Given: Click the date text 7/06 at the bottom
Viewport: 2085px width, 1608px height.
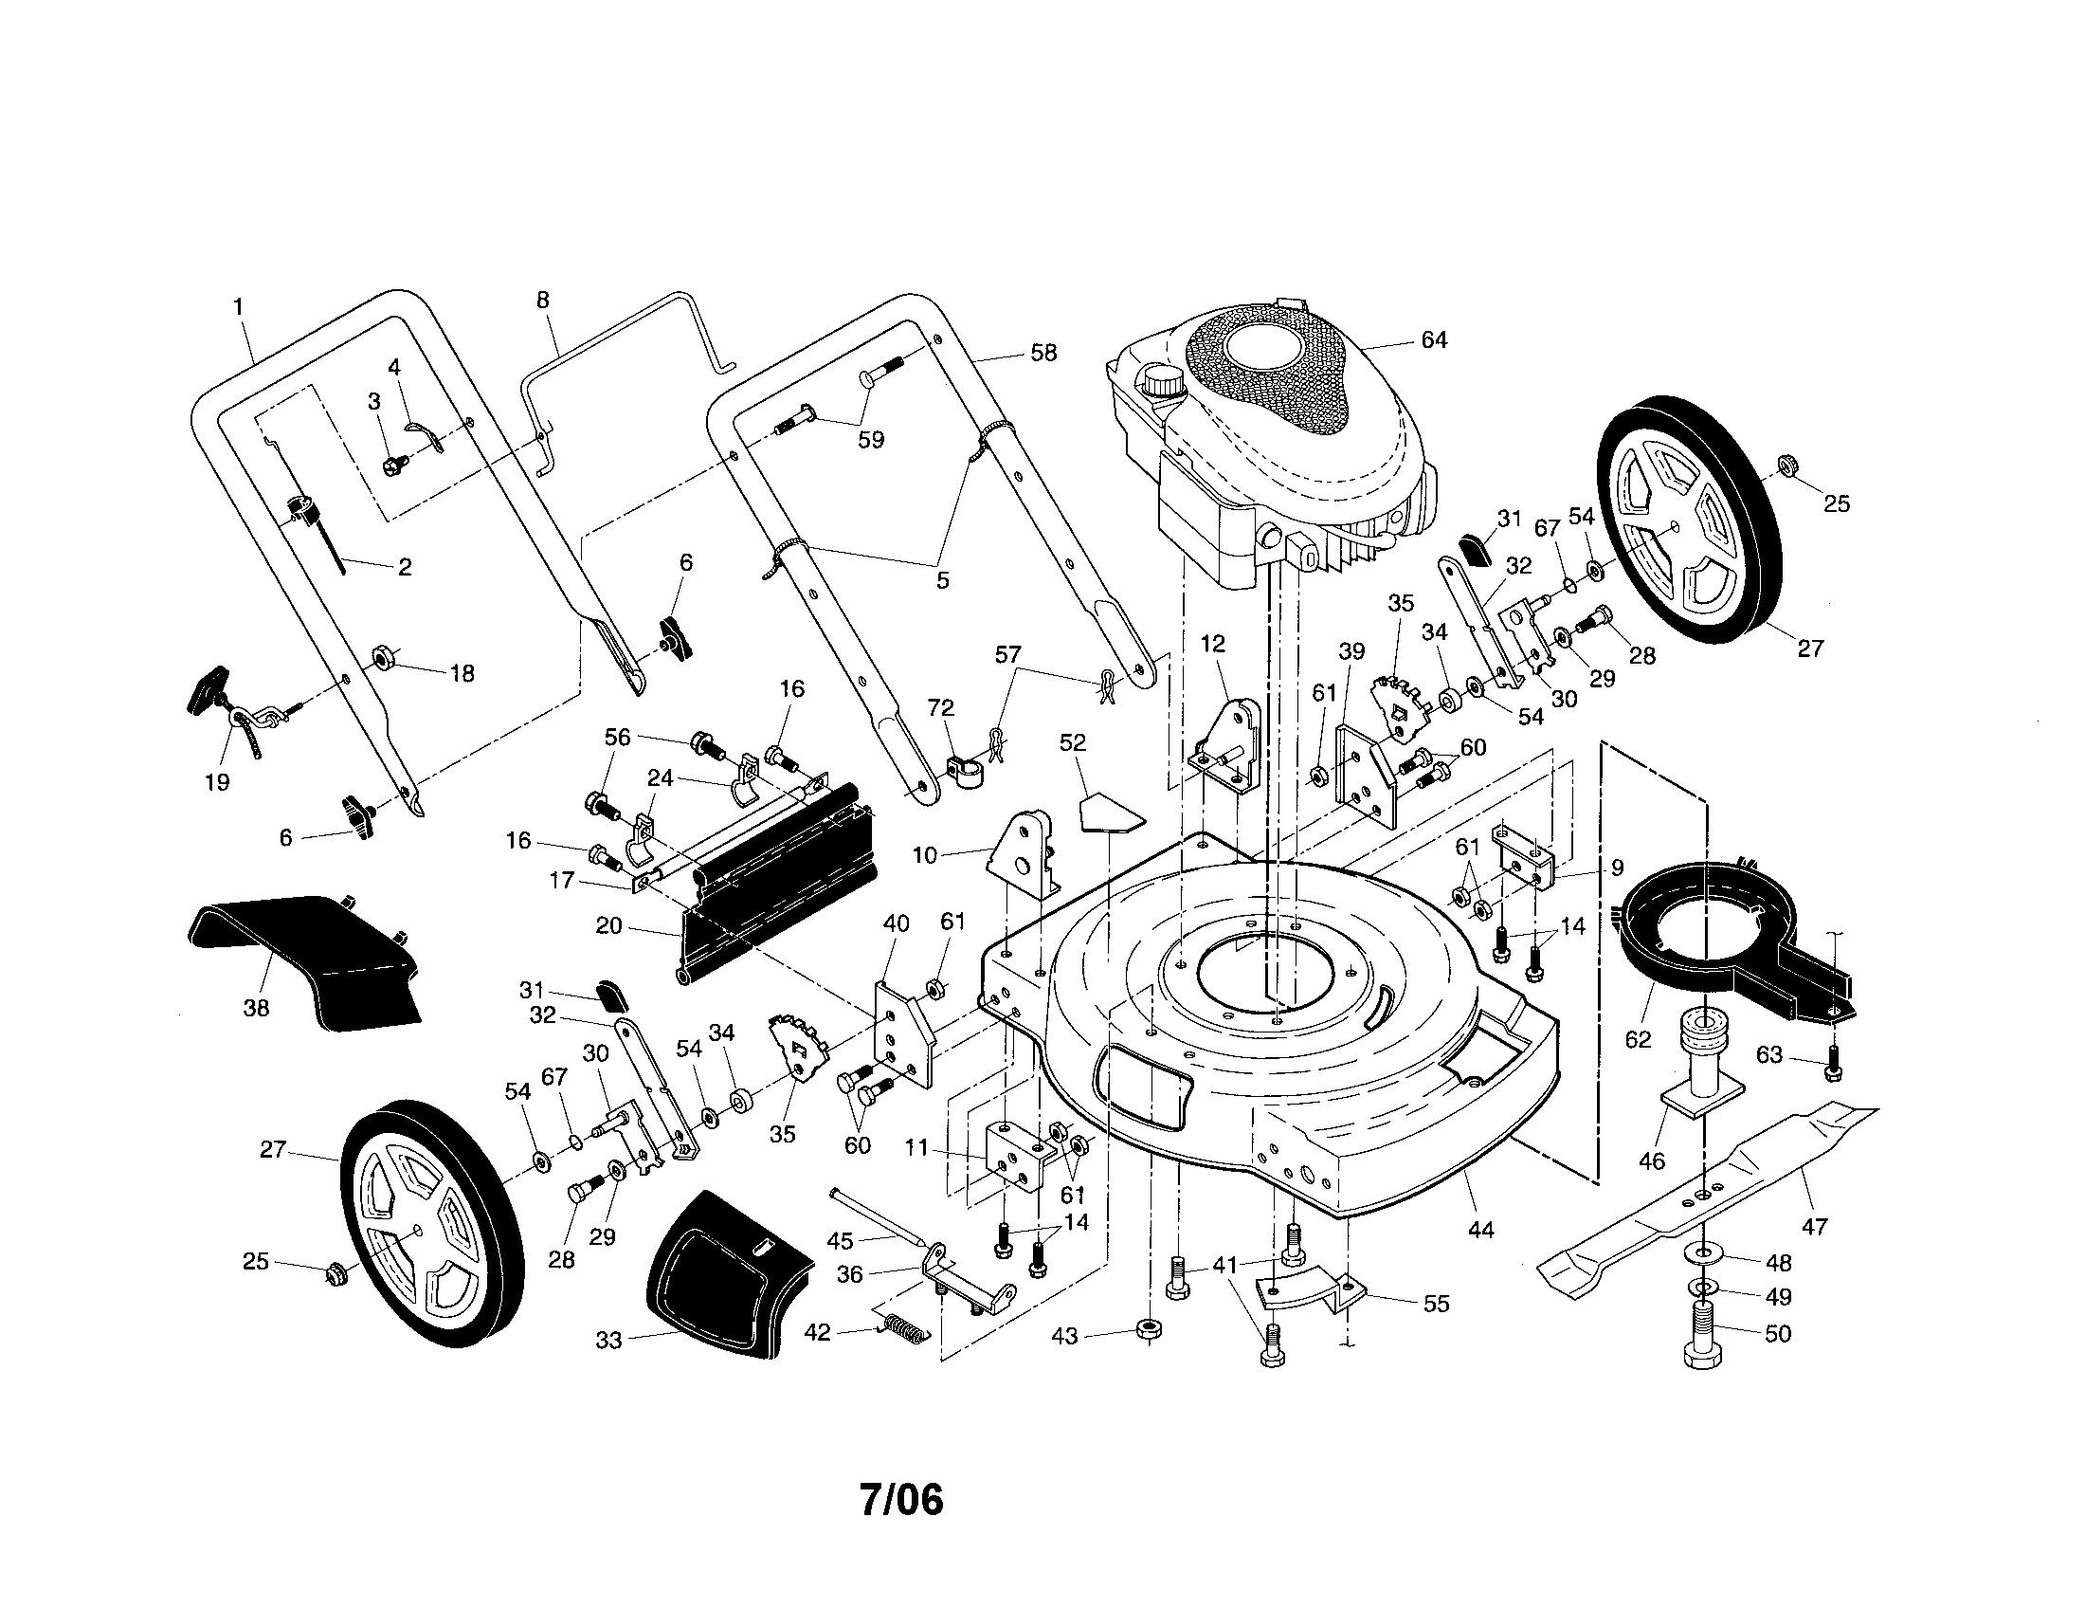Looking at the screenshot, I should pos(901,1500).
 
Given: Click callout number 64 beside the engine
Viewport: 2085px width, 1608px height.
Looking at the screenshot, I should pos(1434,340).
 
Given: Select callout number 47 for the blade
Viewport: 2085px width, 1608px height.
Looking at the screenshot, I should pos(1814,1226).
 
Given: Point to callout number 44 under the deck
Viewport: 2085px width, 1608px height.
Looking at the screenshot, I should pos(1479,1231).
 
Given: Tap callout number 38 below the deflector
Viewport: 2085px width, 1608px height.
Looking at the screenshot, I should pos(256,1008).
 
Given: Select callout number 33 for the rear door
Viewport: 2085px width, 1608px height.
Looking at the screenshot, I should pos(608,1341).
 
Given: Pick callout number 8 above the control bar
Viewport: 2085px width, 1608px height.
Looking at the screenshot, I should pos(542,301).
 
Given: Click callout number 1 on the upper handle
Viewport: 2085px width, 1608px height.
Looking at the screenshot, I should pos(238,306).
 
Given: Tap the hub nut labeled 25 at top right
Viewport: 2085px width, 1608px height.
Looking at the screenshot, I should pos(1783,465).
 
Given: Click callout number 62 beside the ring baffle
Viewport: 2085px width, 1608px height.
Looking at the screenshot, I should pos(1638,1039).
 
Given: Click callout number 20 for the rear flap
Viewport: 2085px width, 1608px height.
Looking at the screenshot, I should pos(608,925).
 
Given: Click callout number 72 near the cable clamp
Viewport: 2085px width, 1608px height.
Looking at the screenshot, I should pos(940,707).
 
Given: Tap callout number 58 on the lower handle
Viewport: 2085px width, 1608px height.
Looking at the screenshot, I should pos(1043,353).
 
